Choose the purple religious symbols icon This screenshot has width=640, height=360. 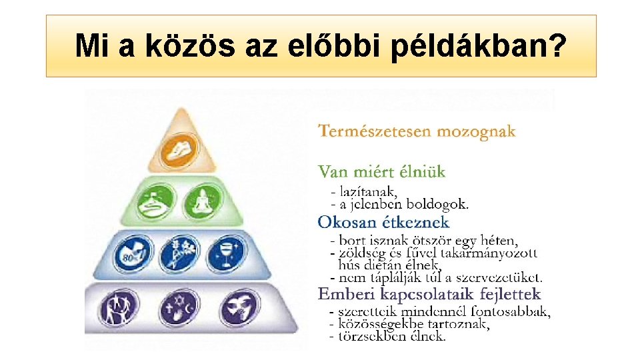177,309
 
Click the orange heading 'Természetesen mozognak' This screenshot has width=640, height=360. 417,131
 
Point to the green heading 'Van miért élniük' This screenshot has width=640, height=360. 381,172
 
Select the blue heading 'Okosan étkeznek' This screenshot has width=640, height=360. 383,222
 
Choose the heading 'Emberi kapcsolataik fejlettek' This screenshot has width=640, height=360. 429,294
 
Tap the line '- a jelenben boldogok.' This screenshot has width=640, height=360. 399,203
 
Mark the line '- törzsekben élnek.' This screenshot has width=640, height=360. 387,337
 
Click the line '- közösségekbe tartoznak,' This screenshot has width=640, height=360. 409,324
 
